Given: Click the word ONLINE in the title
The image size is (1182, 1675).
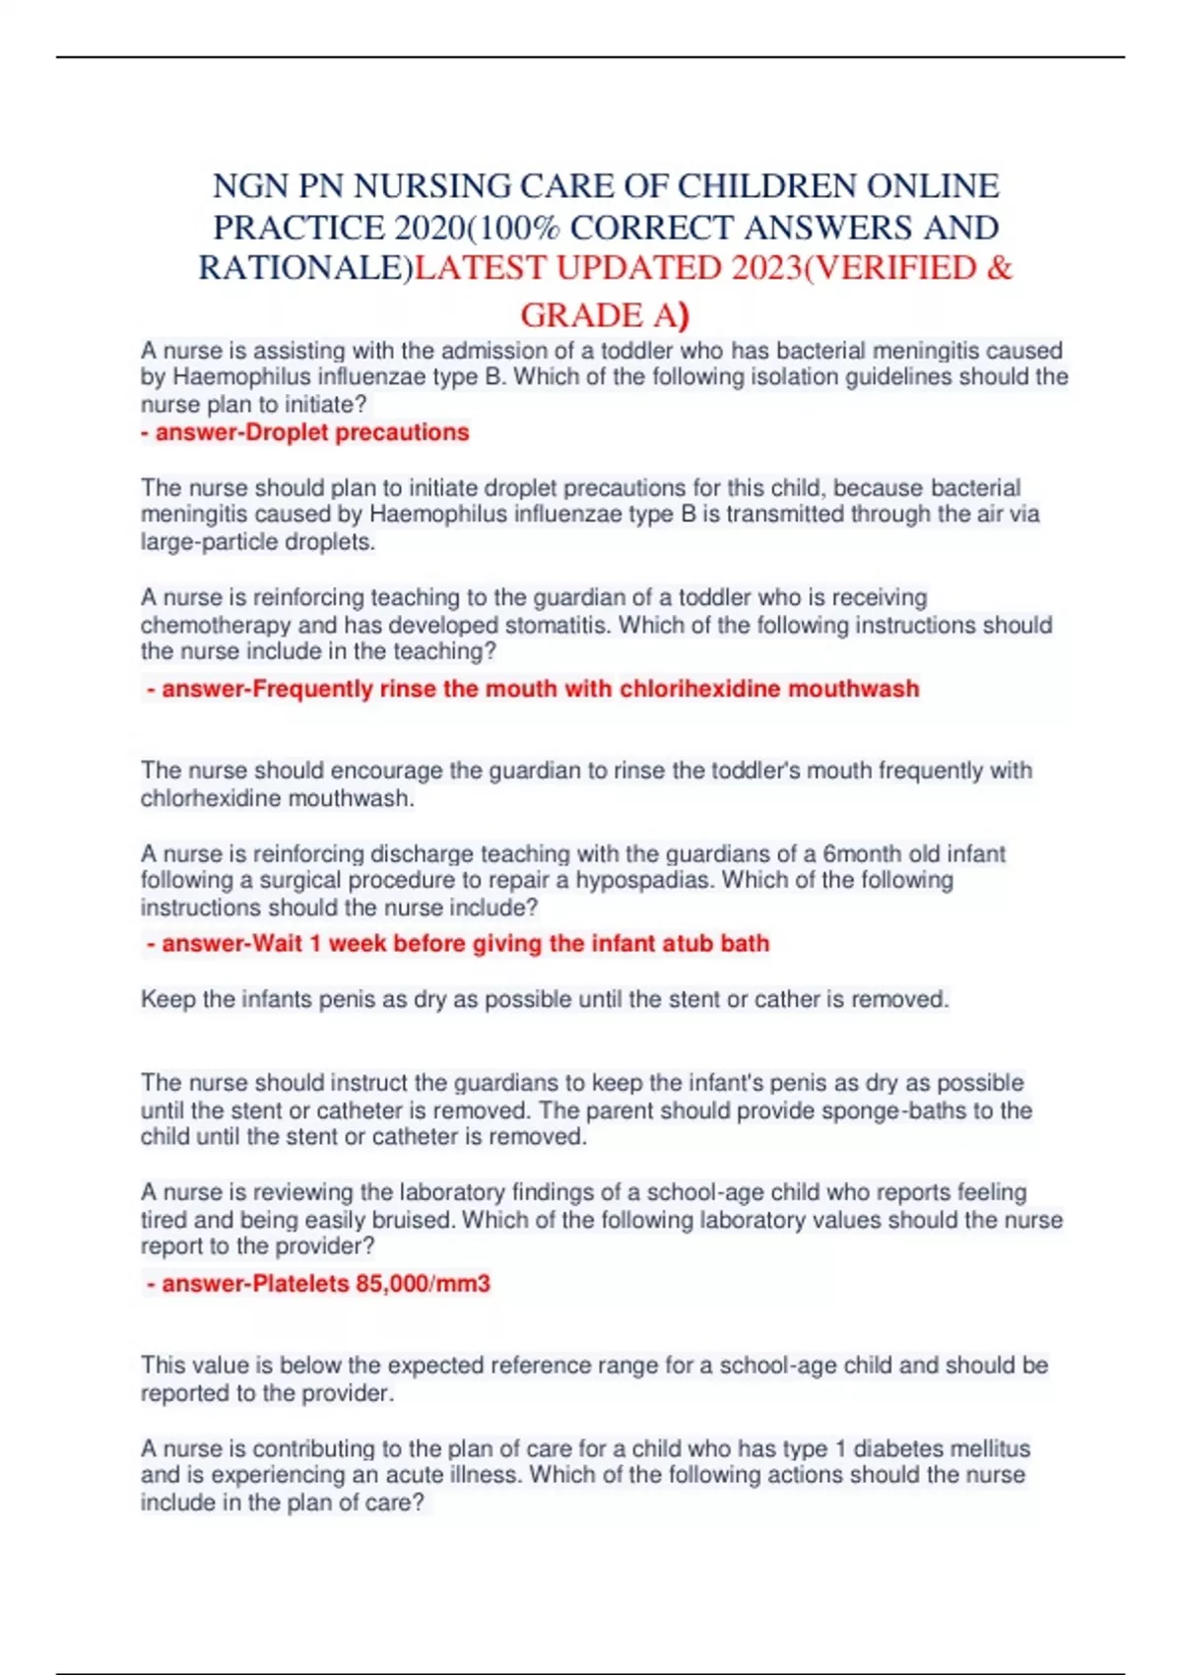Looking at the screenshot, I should point(931,186).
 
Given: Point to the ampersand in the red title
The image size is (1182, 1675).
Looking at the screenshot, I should point(998,268).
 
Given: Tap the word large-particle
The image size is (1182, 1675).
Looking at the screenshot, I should point(209,542).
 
